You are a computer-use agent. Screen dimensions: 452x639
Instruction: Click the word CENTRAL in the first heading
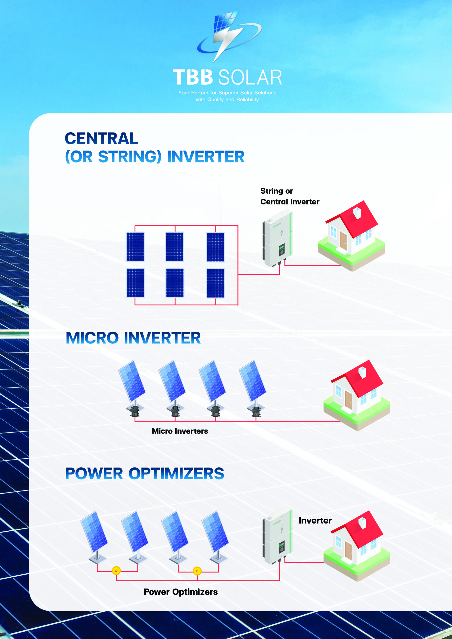pyautogui.click(x=101, y=138)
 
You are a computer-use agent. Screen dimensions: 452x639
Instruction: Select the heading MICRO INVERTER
pyautogui.click(x=133, y=338)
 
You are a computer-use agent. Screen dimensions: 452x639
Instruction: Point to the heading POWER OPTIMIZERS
pyautogui.click(x=145, y=474)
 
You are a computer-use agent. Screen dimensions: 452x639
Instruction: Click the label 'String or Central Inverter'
pyautogui.click(x=290, y=196)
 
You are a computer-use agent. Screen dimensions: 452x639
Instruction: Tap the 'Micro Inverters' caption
pyautogui.click(x=180, y=431)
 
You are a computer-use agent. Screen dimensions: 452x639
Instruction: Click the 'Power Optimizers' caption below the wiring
pyautogui.click(x=181, y=592)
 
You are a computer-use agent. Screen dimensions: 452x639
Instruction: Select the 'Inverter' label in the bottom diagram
pyautogui.click(x=315, y=520)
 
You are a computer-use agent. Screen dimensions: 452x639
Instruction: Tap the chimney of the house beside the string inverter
pyautogui.click(x=357, y=213)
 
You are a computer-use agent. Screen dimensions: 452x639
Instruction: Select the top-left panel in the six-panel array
pyautogui.click(x=135, y=247)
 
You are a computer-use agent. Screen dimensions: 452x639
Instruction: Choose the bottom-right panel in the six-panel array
pyautogui.click(x=216, y=283)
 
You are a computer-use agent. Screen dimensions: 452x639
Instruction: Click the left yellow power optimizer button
pyautogui.click(x=116, y=571)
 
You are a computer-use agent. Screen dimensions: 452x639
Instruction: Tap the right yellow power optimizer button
pyautogui.click(x=197, y=571)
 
